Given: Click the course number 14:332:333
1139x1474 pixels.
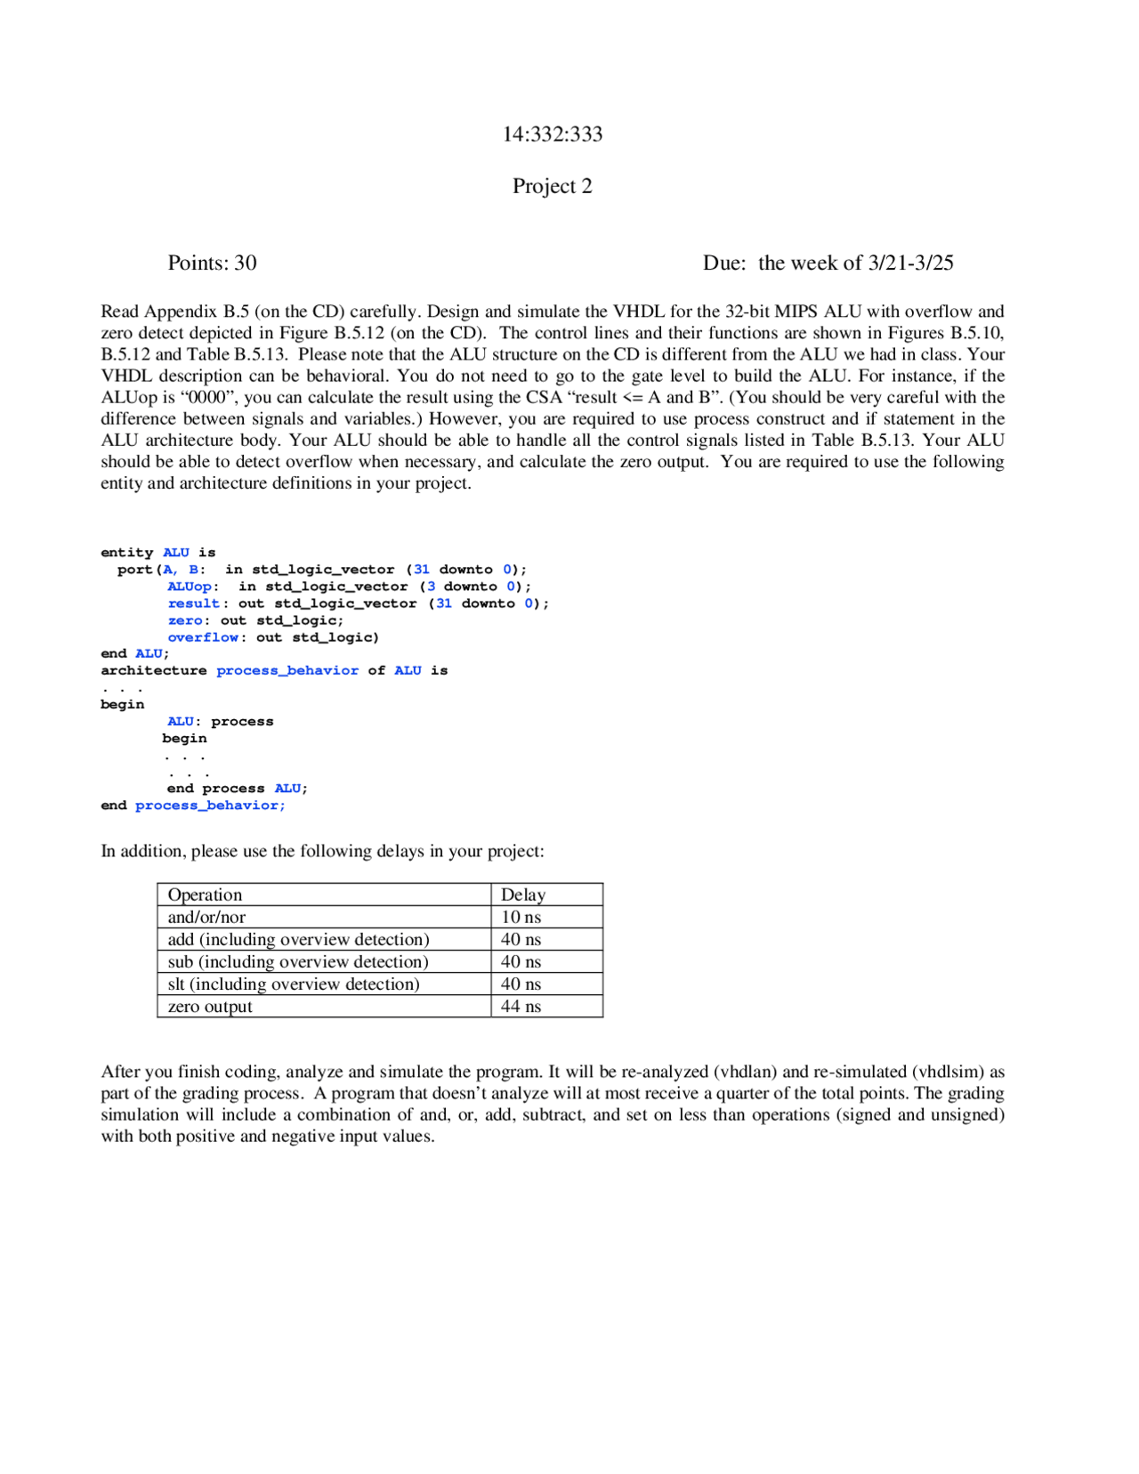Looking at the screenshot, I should (x=552, y=134).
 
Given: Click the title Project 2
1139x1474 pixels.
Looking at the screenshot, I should (x=552, y=186).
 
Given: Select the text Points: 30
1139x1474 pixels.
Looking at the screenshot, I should (x=212, y=263).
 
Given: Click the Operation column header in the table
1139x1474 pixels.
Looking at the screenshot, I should (x=205, y=895).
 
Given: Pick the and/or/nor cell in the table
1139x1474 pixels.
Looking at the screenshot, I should (x=206, y=917).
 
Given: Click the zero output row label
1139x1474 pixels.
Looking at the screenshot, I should (x=210, y=1007).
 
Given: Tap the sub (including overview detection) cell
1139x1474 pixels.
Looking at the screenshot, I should (x=298, y=961).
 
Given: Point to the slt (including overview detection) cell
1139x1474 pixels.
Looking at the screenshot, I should (x=294, y=984).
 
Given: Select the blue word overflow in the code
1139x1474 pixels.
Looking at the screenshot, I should (x=203, y=637).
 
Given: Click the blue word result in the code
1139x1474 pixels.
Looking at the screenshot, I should (x=193, y=603).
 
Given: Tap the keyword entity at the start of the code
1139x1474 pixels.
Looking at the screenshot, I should (x=126, y=553).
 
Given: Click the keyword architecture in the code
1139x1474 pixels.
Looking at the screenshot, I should (x=153, y=670).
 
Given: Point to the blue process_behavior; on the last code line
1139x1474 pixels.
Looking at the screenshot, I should (x=210, y=806).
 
